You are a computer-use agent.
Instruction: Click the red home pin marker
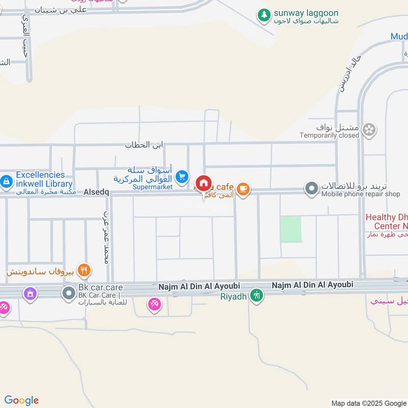pos(203,183)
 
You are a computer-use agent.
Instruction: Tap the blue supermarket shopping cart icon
pos(182,177)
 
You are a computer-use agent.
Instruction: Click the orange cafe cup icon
pos(243,189)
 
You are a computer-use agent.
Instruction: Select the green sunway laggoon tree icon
pos(264,15)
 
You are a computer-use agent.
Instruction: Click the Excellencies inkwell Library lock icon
pos(7,181)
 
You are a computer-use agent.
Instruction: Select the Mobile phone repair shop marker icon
pos(312,189)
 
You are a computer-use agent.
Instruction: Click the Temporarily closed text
pos(329,135)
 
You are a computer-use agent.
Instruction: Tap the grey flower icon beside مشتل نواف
pos(370,130)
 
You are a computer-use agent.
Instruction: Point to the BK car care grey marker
pos(69,293)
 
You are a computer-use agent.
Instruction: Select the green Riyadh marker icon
pos(257,295)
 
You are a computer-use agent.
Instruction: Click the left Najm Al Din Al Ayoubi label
pos(199,287)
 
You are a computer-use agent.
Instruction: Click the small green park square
pos(291,229)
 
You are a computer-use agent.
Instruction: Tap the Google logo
pos(21,400)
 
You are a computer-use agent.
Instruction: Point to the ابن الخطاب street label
pos(144,145)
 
